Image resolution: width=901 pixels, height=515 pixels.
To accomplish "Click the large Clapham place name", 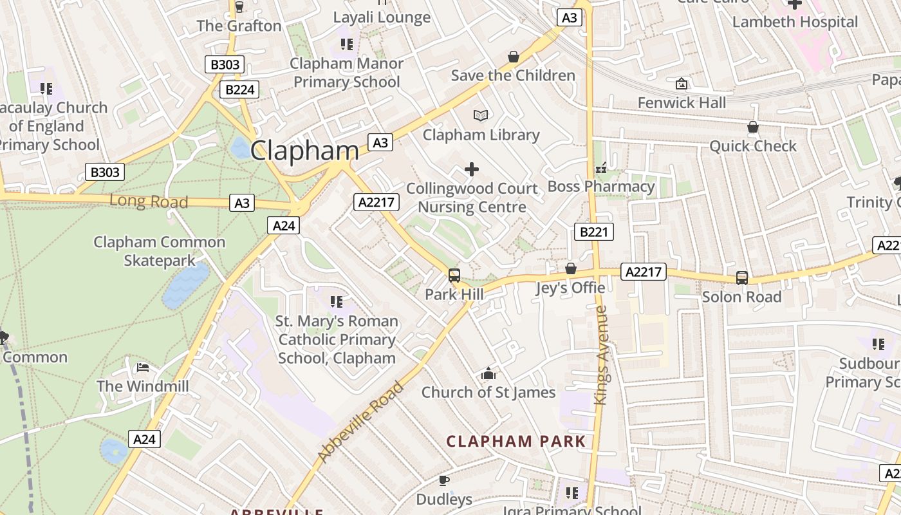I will (x=304, y=151).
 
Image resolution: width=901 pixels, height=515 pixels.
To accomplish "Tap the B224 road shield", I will (x=239, y=89).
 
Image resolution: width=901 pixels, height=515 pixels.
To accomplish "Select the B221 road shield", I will (x=593, y=232).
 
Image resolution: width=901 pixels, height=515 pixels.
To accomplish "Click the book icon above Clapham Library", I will (x=481, y=116).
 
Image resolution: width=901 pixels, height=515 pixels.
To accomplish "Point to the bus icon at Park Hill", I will (x=454, y=276).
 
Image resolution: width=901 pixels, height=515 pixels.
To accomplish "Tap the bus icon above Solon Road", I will (x=742, y=278).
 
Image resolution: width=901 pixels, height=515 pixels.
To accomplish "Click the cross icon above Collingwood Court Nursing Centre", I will (x=472, y=169).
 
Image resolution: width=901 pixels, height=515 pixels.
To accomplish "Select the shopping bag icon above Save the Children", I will (x=513, y=57).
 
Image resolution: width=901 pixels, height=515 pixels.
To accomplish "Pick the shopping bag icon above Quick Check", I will (x=753, y=127).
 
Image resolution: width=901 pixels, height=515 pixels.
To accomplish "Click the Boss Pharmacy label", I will (x=600, y=187).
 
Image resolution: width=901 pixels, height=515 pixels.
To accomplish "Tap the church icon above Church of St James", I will (x=488, y=374).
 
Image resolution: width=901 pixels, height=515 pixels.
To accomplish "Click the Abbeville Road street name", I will (x=360, y=422).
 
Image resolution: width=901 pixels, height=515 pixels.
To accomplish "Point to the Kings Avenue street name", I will (x=601, y=355).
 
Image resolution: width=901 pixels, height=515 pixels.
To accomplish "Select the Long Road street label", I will (x=149, y=201).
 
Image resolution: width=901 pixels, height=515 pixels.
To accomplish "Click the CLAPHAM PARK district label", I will (x=516, y=442).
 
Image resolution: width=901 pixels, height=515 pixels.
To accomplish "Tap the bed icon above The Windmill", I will (x=143, y=368).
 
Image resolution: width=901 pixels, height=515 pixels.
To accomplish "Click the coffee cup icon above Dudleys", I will (x=443, y=480).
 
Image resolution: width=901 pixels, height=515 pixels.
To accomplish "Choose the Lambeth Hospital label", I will (x=795, y=22).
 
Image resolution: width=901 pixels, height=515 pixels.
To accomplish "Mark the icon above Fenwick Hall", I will (x=681, y=84).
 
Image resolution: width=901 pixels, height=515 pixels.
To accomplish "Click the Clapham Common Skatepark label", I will (x=159, y=251).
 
